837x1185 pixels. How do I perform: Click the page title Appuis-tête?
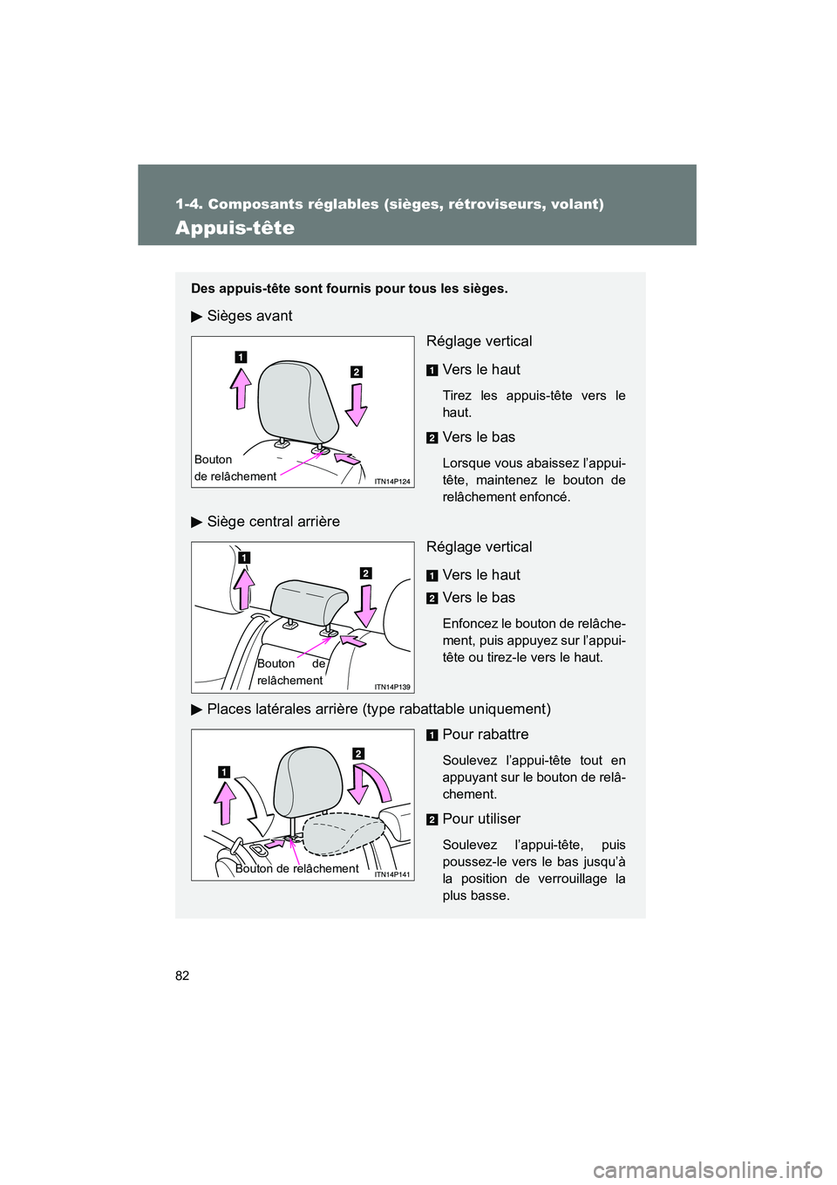pos(235,228)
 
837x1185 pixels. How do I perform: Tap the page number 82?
pos(182,976)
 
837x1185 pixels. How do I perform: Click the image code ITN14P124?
pos(392,482)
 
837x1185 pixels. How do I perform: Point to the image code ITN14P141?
pos(392,874)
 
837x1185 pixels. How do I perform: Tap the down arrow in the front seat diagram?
pos(356,404)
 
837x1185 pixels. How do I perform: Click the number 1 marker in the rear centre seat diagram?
pos(244,558)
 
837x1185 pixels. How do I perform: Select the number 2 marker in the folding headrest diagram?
pos(357,753)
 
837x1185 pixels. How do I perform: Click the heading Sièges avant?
pos(249,316)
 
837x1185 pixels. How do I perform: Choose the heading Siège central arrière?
pos(273,522)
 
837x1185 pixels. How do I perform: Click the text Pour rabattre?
pos(485,735)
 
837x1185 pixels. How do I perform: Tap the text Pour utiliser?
pos(481,819)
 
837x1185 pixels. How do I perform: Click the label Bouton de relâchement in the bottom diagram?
pos(296,868)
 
